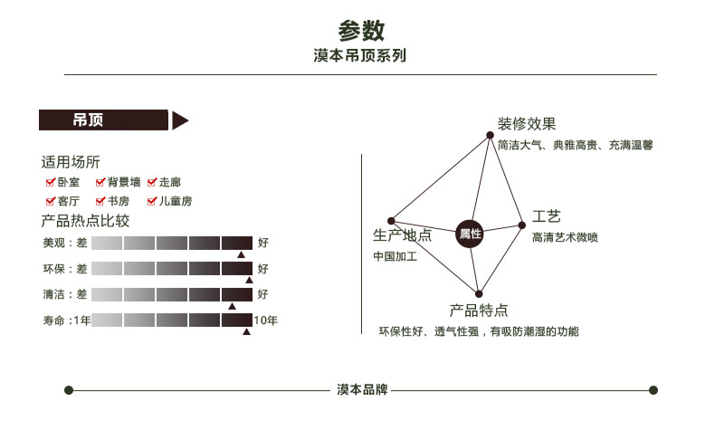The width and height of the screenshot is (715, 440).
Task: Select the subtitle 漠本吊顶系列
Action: point(359,56)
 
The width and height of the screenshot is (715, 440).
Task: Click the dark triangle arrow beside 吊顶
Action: point(179,120)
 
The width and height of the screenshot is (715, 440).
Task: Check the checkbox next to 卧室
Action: point(51,182)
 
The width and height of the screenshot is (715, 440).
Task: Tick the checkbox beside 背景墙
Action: point(100,182)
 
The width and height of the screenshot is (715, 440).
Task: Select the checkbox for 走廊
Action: point(152,182)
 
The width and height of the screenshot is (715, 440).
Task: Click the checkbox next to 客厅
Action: point(51,201)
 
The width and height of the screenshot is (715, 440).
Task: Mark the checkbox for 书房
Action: point(100,201)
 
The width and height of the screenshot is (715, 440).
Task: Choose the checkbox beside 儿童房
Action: point(152,201)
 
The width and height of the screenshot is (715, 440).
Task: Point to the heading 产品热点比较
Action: point(85,221)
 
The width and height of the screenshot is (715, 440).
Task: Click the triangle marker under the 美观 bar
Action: point(242,255)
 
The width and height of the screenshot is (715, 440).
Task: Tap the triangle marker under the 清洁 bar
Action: point(232,307)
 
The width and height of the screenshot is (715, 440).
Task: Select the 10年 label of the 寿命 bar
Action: point(266,320)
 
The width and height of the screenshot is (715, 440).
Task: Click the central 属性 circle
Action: point(470,234)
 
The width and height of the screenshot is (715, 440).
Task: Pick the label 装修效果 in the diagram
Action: point(526,124)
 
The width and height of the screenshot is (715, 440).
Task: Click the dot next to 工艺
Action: point(521,225)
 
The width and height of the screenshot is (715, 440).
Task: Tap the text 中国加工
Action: point(396,256)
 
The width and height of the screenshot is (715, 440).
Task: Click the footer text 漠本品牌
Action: point(362,390)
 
